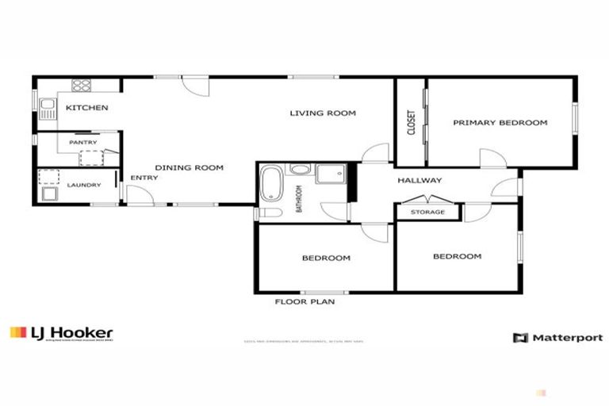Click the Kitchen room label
click(86, 108)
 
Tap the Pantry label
click(82, 143)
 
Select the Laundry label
click(83, 185)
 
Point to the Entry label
click(144, 178)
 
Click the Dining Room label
click(189, 167)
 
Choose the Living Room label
click(322, 113)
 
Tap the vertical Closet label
click(411, 122)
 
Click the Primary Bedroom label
click(500, 123)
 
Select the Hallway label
click(419, 180)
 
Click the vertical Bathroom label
click(300, 199)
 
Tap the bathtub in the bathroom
click(270, 185)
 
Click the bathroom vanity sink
click(300, 169)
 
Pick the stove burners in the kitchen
click(82, 86)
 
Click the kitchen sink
click(47, 107)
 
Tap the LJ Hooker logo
click(61, 333)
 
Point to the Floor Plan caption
click(304, 302)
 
